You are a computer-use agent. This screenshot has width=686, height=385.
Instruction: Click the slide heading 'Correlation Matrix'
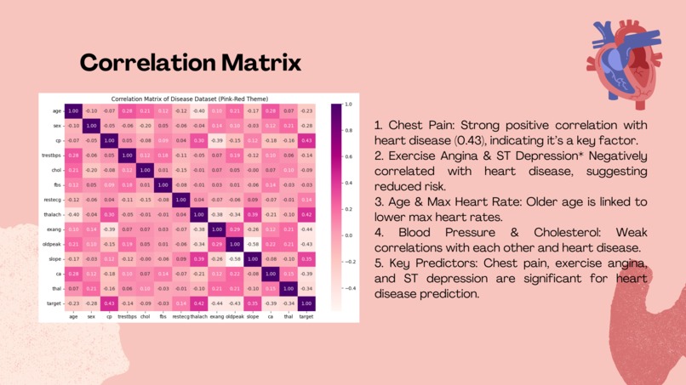coord(190,62)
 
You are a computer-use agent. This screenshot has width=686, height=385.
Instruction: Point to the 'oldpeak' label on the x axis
coord(234,316)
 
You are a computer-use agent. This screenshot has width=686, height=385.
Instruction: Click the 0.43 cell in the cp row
coord(306,140)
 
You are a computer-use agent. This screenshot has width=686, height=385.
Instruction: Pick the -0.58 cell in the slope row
coord(234,258)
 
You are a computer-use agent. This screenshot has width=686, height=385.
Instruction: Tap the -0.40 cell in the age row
coord(198,110)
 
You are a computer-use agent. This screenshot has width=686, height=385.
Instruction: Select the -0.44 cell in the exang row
coord(306,229)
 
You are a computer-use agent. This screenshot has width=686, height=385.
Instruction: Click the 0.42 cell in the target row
coord(198,303)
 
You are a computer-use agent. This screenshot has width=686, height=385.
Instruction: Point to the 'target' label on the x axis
coord(306,316)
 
